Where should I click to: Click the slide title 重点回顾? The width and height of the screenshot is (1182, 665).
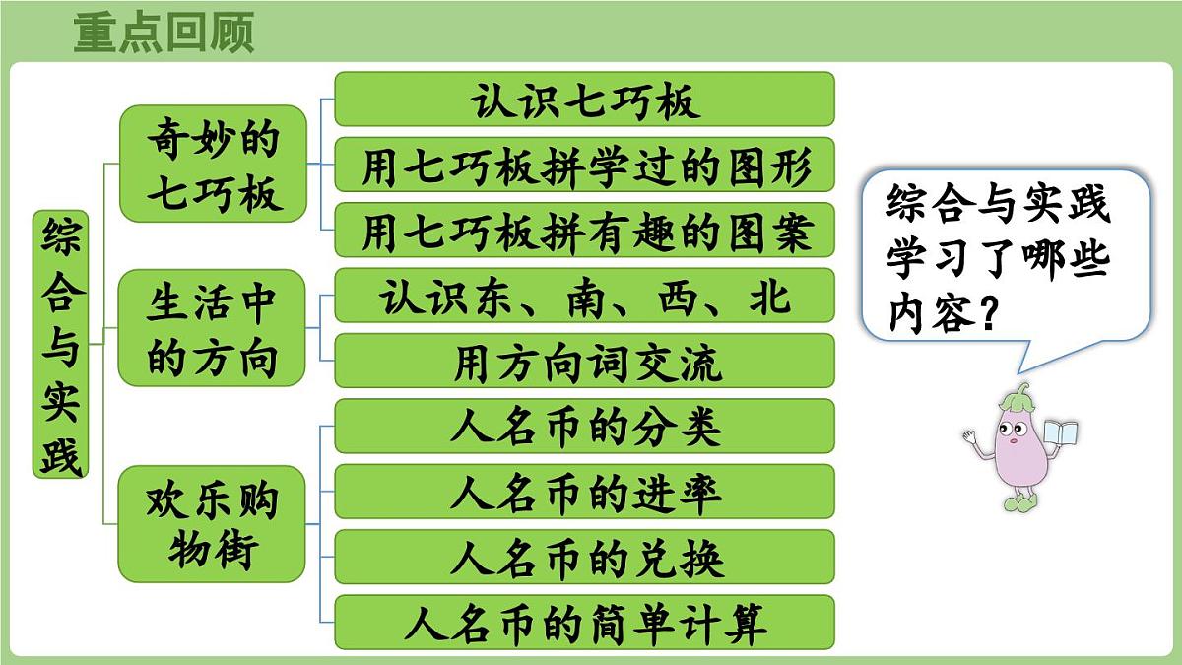[164, 32]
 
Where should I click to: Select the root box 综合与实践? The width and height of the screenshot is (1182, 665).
[61, 344]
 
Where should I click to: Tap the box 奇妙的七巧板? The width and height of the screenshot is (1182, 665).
[213, 163]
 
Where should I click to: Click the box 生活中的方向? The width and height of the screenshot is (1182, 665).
[213, 327]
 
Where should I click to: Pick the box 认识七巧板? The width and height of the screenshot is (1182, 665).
[584, 100]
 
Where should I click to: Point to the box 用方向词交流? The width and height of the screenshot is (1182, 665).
[584, 361]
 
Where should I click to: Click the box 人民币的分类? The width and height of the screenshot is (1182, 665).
[584, 427]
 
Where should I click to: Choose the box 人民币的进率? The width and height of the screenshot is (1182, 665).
[584, 492]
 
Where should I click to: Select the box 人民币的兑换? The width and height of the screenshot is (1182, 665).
[584, 557]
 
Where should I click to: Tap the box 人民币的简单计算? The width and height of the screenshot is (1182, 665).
[584, 623]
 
